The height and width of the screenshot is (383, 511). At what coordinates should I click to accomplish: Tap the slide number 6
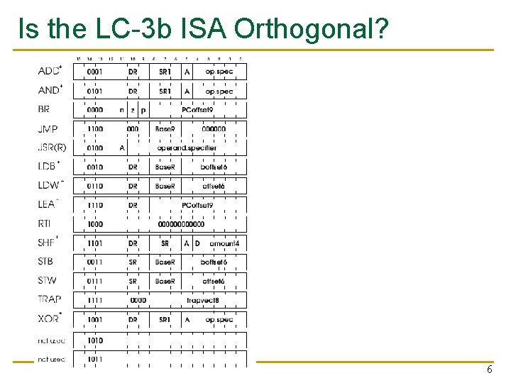pos(489,371)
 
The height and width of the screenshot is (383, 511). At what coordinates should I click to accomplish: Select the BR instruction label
pos(44,110)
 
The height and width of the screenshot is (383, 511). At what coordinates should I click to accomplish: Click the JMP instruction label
pos(48,129)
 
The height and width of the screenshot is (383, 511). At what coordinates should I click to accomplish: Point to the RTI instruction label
pos(45,224)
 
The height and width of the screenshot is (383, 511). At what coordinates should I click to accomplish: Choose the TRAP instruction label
pos(49,300)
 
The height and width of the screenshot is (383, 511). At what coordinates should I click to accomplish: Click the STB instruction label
pos(45,262)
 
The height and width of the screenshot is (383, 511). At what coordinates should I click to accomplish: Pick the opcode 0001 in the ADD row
pos(94,72)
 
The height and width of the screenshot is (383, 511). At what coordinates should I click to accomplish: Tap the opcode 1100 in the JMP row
pos(94,129)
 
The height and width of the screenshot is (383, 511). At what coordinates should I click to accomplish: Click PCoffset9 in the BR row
pos(197,110)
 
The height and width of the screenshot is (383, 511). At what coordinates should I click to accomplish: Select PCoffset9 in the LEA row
pos(197,205)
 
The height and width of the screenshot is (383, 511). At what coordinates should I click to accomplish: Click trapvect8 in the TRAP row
pos(202,300)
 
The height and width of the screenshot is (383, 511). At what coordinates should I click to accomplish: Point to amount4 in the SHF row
pos(224,243)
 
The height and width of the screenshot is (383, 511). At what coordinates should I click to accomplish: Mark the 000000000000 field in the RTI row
pos(181,224)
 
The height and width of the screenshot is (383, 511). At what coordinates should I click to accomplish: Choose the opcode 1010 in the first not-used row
pos(94,340)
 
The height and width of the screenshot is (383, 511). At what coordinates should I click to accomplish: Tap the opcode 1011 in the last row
pos(94,360)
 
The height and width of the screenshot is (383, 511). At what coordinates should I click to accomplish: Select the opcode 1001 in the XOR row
pos(94,320)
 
